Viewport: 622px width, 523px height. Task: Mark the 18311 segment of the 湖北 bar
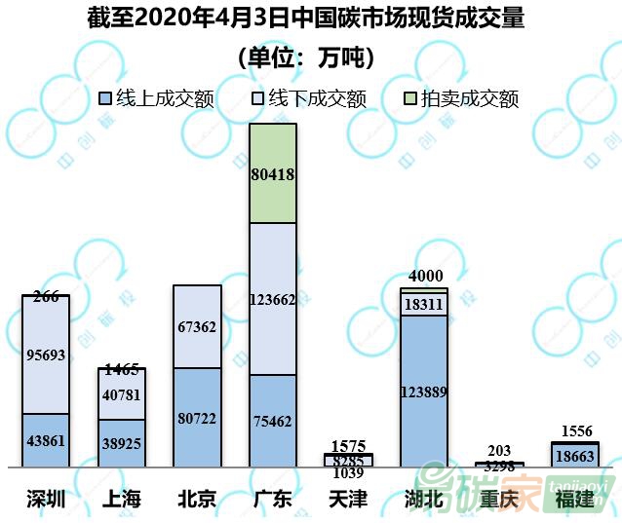click(x=424, y=304)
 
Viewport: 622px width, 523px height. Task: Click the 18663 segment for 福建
click(x=575, y=455)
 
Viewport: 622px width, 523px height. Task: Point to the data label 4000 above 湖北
click(x=424, y=278)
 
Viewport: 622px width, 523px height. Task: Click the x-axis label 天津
click(x=348, y=500)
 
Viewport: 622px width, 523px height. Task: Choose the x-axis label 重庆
click(x=499, y=500)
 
